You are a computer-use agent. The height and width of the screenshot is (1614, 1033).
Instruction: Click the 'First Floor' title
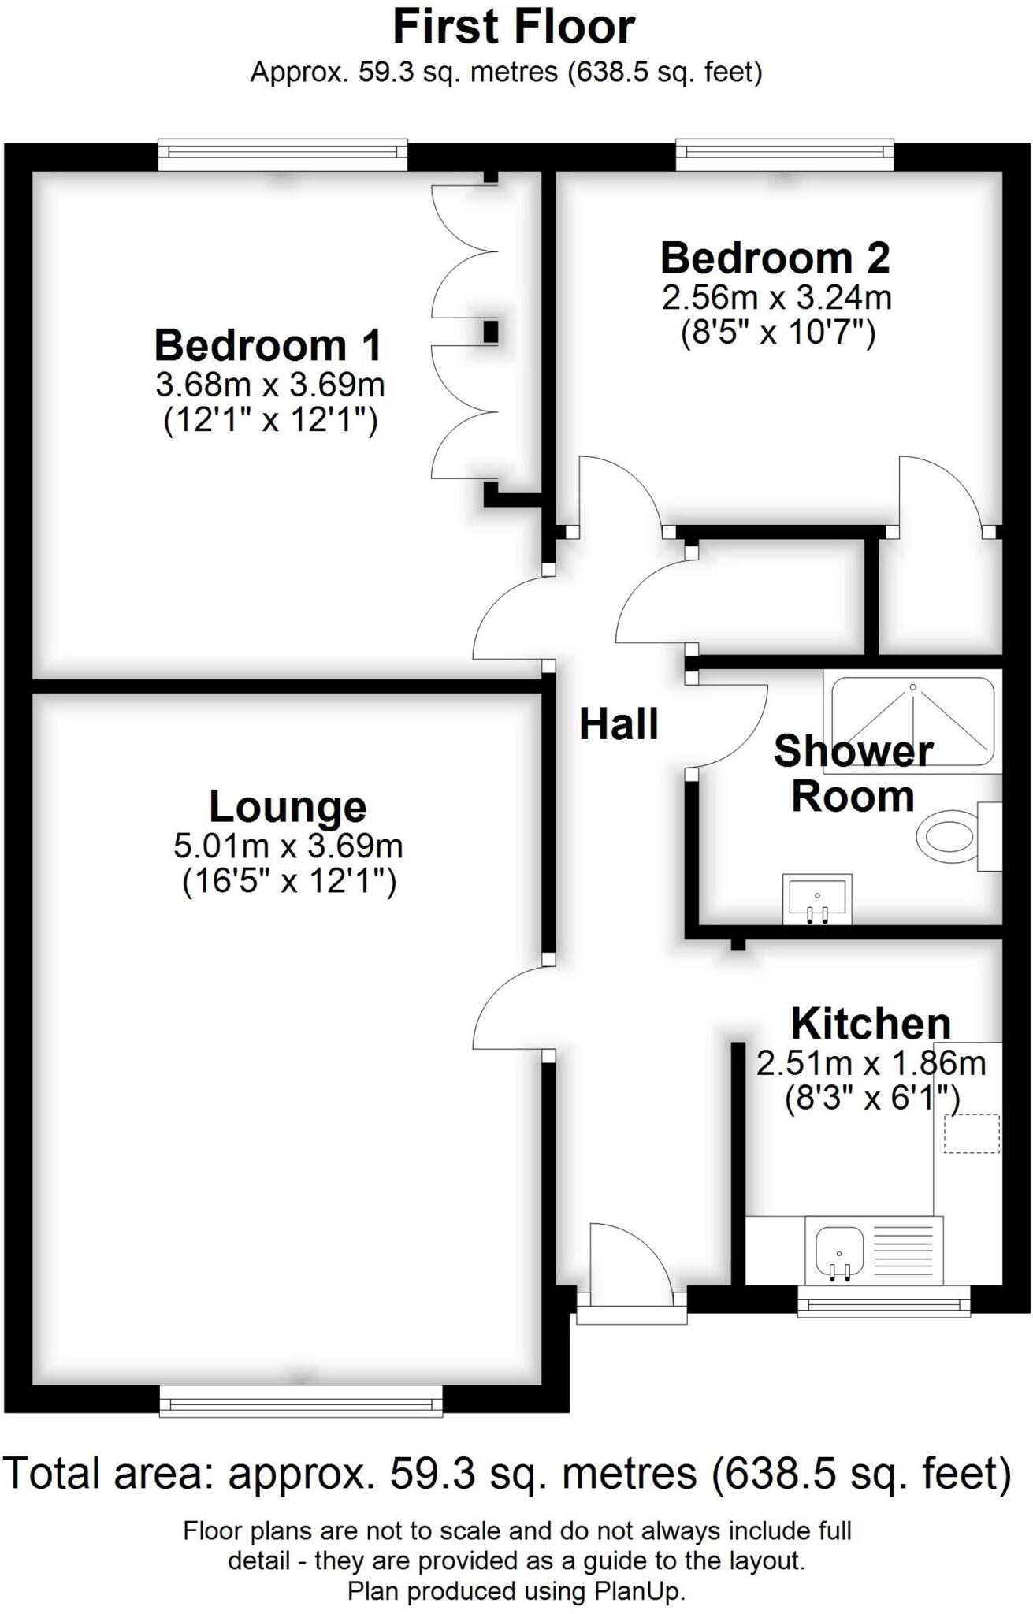514,27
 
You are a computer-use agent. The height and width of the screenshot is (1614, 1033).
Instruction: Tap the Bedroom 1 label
268,345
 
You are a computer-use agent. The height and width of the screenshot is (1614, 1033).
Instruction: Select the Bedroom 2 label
775,258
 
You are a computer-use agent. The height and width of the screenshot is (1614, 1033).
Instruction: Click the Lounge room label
288,806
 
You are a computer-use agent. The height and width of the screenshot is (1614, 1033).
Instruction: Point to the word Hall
619,724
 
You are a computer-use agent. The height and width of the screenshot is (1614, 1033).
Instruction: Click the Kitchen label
871,1023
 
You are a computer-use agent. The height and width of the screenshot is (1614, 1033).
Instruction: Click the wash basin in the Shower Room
817,898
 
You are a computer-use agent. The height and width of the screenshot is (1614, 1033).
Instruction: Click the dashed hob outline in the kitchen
972,1133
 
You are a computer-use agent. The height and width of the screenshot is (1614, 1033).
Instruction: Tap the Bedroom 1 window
283,154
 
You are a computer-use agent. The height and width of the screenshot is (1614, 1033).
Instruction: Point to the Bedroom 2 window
785,154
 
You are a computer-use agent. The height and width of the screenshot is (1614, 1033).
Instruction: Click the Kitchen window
884,1302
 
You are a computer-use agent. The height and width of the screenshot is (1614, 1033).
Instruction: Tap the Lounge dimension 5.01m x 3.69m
288,846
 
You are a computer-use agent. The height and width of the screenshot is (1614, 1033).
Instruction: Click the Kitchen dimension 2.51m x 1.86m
871,1063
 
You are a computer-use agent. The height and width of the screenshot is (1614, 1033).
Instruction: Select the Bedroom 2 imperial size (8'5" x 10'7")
778,333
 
